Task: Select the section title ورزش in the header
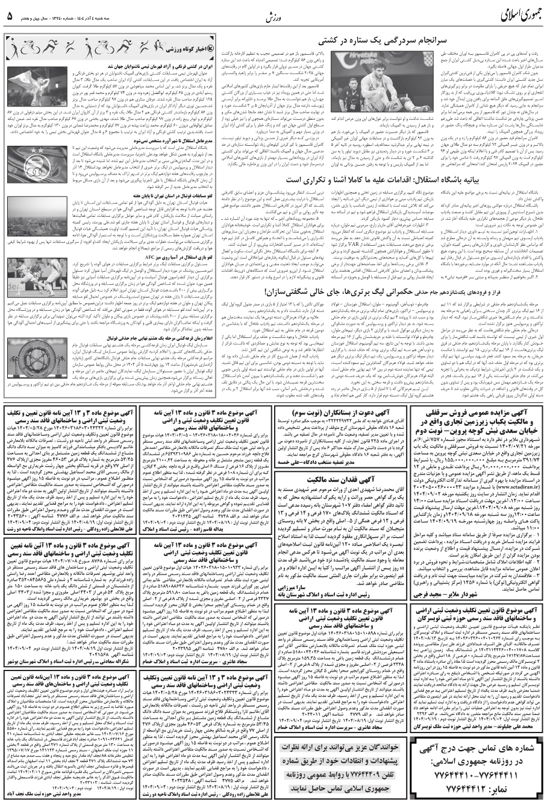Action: pyautogui.click(x=275, y=13)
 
